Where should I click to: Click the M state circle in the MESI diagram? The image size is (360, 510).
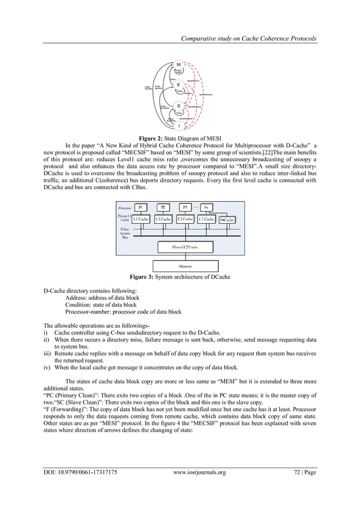179,65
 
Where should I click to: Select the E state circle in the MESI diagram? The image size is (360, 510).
179,84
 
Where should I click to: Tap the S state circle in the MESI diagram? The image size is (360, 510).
179,105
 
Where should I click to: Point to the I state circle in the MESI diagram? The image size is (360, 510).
179,125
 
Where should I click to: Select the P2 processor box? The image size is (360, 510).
163,207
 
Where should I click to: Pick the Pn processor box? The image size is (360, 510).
207,207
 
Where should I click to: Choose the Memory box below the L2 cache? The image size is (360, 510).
185,266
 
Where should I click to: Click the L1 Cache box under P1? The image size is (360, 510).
141,219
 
